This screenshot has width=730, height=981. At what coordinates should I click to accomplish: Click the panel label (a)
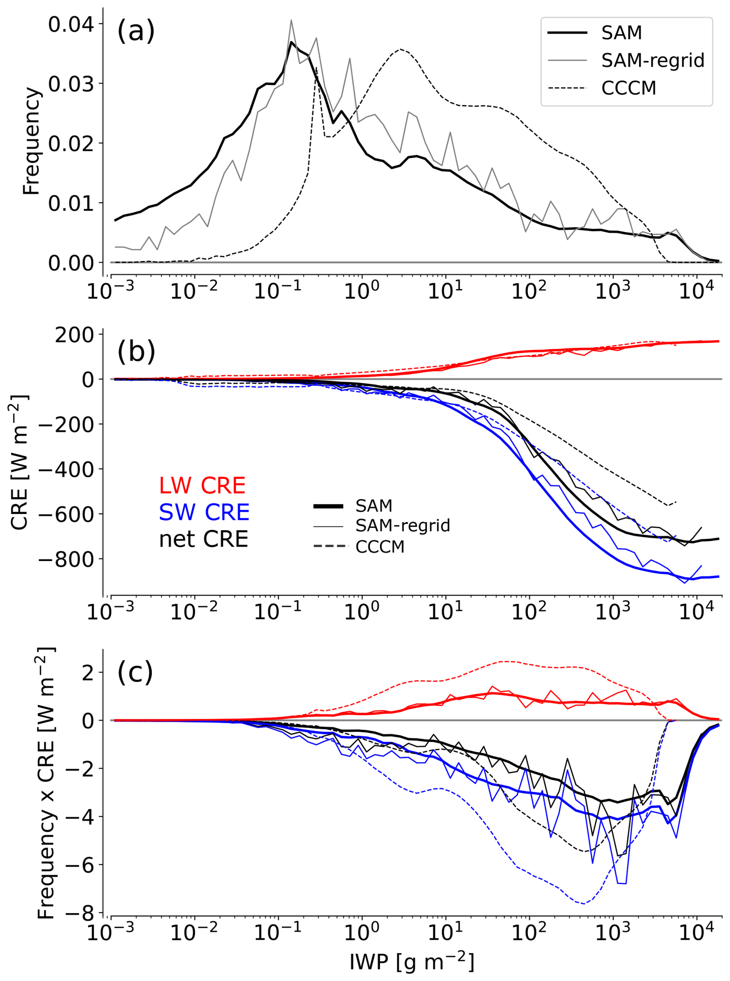[136, 32]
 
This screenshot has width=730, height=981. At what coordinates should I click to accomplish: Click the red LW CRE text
[202, 485]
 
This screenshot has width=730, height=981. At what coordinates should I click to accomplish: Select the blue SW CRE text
[204, 512]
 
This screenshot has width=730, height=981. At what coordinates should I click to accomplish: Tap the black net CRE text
[203, 539]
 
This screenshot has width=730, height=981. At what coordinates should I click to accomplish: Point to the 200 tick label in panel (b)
[74, 335]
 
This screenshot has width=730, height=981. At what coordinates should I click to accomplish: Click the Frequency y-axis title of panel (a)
[32, 140]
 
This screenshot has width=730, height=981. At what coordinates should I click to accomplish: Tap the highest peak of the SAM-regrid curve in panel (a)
[291, 20]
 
